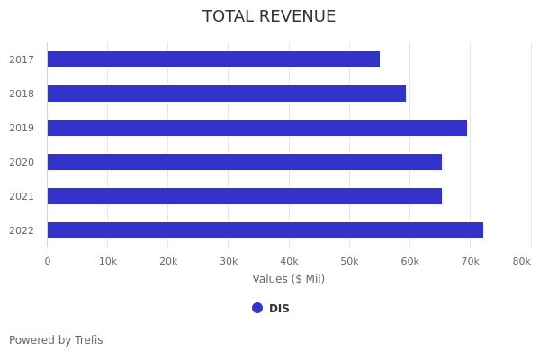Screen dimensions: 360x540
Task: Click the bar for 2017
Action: pos(213,59)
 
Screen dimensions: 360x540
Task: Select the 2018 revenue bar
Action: pos(226,94)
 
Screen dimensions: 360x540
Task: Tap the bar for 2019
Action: pos(256,128)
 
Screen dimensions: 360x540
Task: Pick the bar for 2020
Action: pos(244,162)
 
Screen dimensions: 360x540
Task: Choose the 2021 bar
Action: pos(244,196)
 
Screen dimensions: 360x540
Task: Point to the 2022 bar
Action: pos(265,230)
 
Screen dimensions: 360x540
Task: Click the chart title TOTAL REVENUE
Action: pos(269,17)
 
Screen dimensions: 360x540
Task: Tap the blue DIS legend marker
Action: pos(257,308)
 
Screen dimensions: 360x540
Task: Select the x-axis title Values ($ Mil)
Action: pos(288,279)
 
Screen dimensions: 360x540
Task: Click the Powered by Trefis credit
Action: pos(56,340)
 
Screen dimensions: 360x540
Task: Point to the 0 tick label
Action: pos(48,261)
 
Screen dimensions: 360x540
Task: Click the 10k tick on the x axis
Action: pos(108,261)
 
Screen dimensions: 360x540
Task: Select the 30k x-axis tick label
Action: pos(229,261)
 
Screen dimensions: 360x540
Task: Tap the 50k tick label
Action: pos(349,261)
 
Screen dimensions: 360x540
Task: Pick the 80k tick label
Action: pos(521,261)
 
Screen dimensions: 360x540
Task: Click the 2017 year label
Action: pos(22,60)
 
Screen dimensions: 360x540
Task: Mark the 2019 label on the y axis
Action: pos(22,129)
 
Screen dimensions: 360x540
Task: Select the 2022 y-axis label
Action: pos(22,231)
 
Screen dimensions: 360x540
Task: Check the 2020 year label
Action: pos(22,163)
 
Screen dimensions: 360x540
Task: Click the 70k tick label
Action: pos(470,261)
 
